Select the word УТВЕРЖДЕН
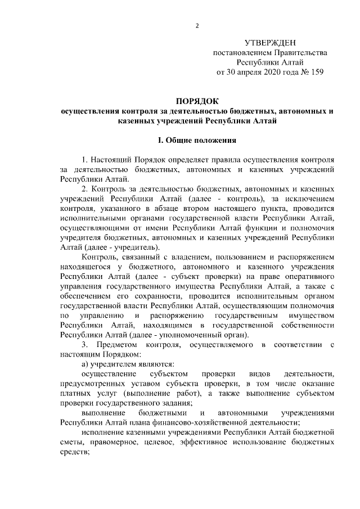point(270,43)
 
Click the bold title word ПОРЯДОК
point(197,101)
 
